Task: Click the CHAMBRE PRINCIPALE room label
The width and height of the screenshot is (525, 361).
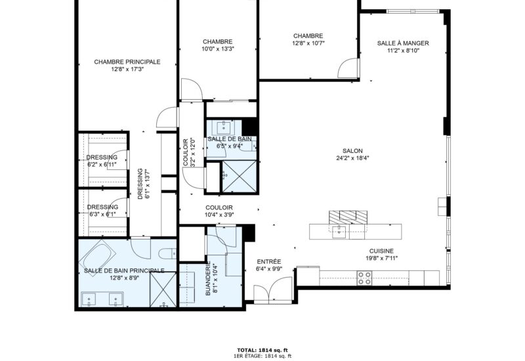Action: [x=127, y=62]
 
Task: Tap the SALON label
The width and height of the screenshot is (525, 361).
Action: [x=352, y=151]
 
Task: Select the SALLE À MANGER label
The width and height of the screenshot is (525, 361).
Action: [x=403, y=43]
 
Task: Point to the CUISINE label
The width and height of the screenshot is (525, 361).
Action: [x=381, y=251]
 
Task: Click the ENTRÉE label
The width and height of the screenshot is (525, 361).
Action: [x=269, y=261]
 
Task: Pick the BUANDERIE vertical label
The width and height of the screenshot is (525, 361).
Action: [x=208, y=278]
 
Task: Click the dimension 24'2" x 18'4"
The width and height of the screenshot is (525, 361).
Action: [x=352, y=158]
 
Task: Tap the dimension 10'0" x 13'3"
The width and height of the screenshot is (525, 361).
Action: [x=218, y=49]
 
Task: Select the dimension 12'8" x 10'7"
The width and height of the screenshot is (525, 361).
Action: [x=308, y=43]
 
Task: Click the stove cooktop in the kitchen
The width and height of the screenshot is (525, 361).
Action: [x=364, y=278]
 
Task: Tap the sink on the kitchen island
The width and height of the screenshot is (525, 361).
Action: [x=340, y=232]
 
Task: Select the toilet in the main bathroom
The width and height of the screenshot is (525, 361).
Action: [x=167, y=254]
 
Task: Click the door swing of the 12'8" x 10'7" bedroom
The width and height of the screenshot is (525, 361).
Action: [x=348, y=69]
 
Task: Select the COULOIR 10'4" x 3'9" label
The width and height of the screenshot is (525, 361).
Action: [x=219, y=211]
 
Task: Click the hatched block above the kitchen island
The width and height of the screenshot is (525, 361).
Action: [x=348, y=217]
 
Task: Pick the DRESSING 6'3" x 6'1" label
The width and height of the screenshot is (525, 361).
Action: [x=102, y=211]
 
